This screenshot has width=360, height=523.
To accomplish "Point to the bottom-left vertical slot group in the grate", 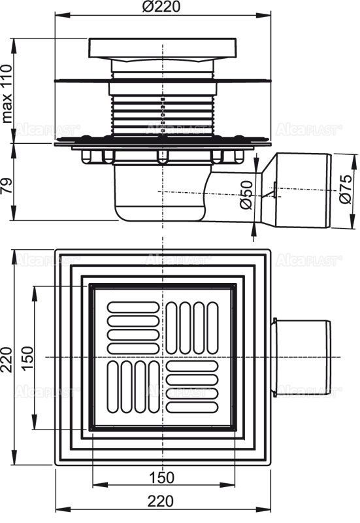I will [131, 388].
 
